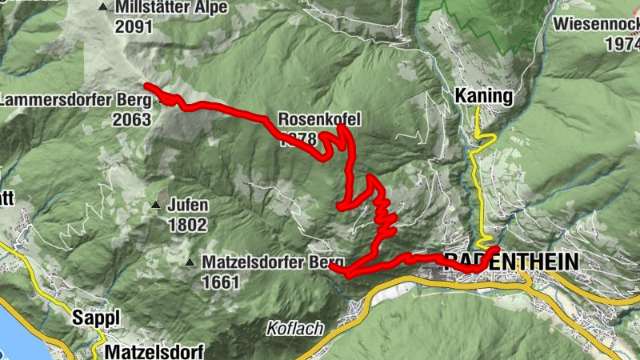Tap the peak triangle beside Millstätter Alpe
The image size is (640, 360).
pos(102,8)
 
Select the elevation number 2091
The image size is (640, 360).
pos(134,26)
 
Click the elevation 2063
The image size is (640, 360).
pos(132,120)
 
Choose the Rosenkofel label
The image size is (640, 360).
pos(320,120)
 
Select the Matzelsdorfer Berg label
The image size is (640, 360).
pos(272,262)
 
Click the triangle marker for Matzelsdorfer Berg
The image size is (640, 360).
pos(190,262)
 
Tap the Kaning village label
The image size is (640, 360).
pos(483,96)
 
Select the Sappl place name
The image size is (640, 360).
pos(95,318)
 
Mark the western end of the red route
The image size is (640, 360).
pos(146,86)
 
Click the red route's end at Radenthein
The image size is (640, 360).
pos(497,250)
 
